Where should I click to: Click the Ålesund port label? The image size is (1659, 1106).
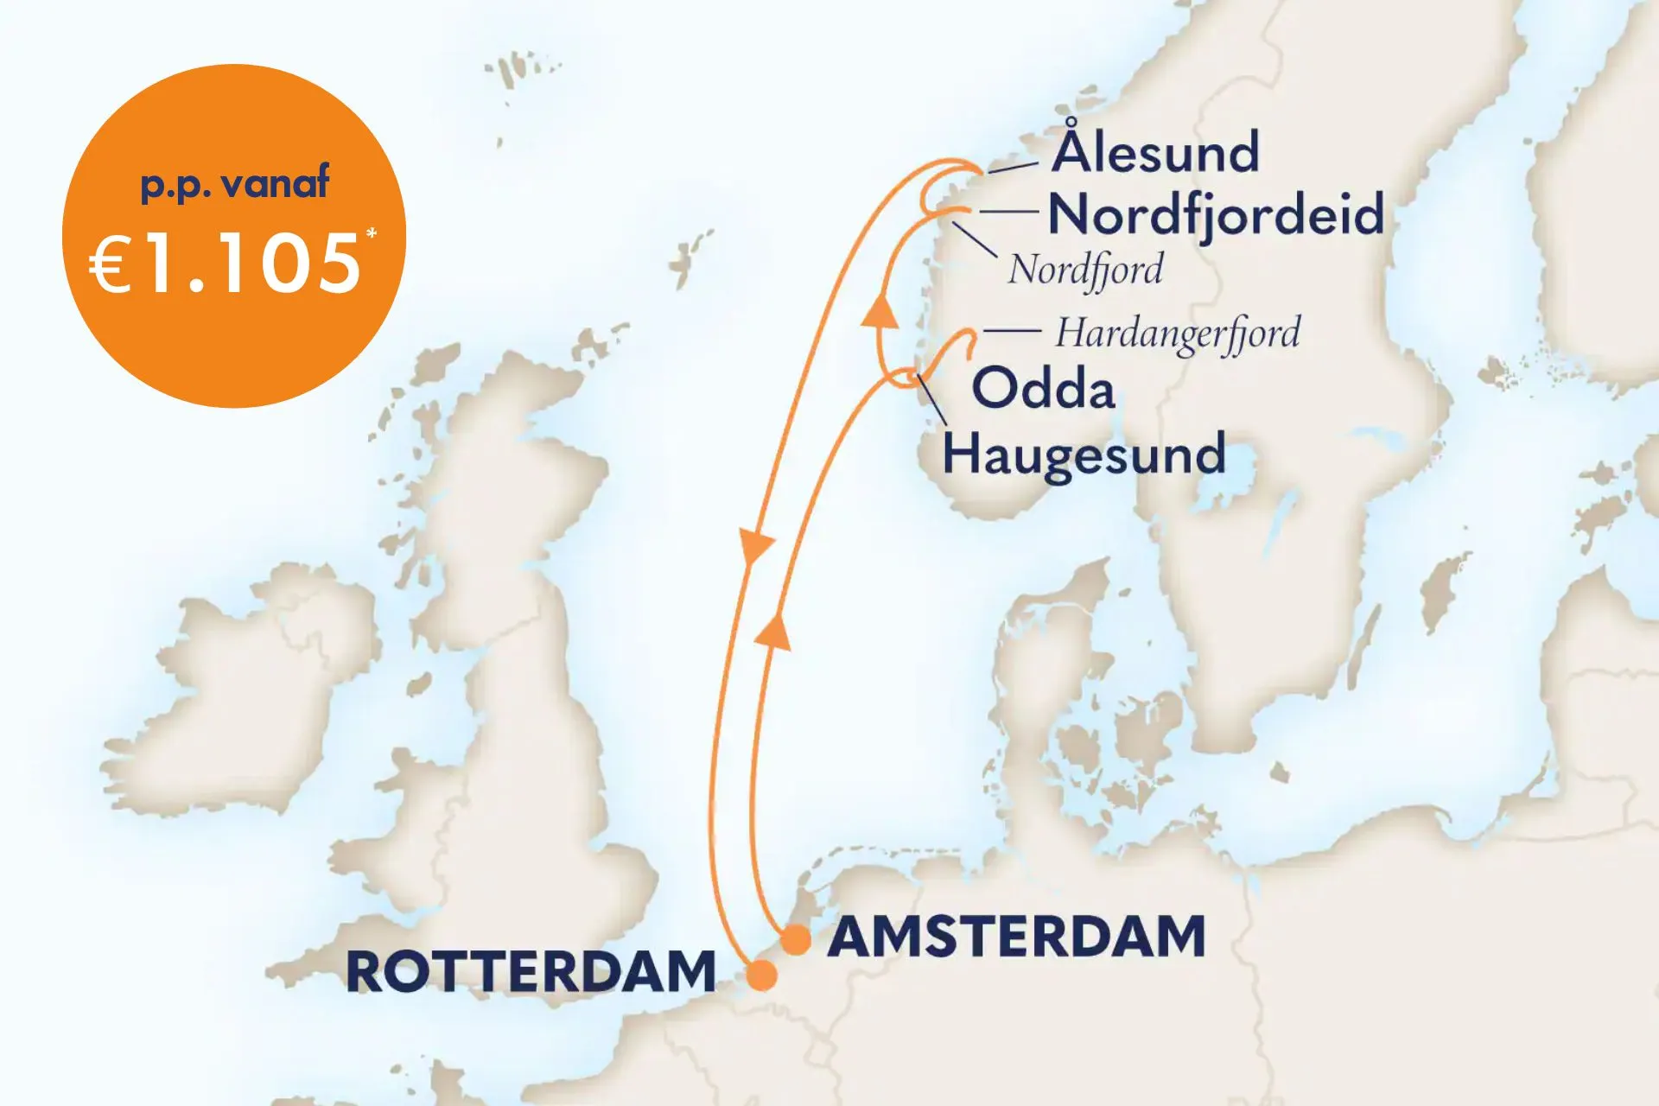[x=1155, y=152]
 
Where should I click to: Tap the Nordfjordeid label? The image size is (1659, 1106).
[x=1216, y=215]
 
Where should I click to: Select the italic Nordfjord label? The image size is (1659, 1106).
[x=1085, y=270]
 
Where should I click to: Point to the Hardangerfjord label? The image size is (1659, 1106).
[x=1177, y=334]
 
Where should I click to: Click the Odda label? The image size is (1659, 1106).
[x=1044, y=388]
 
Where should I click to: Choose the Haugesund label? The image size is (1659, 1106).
[x=1084, y=454]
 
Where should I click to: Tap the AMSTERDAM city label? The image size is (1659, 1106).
[x=1016, y=938]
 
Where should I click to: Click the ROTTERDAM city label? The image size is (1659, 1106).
[x=531, y=971]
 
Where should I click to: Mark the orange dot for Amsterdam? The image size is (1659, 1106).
[x=795, y=940]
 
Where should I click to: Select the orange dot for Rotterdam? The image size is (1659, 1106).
[x=761, y=976]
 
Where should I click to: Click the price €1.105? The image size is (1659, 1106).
[x=225, y=264]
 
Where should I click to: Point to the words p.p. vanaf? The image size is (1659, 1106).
[x=235, y=183]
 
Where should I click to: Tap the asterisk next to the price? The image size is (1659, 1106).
[x=372, y=234]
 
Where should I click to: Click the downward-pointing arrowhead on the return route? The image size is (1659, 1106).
[x=756, y=548]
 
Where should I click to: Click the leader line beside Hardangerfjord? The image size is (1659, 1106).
[x=1012, y=331]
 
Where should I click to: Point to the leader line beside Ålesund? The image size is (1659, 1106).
[x=1012, y=166]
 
